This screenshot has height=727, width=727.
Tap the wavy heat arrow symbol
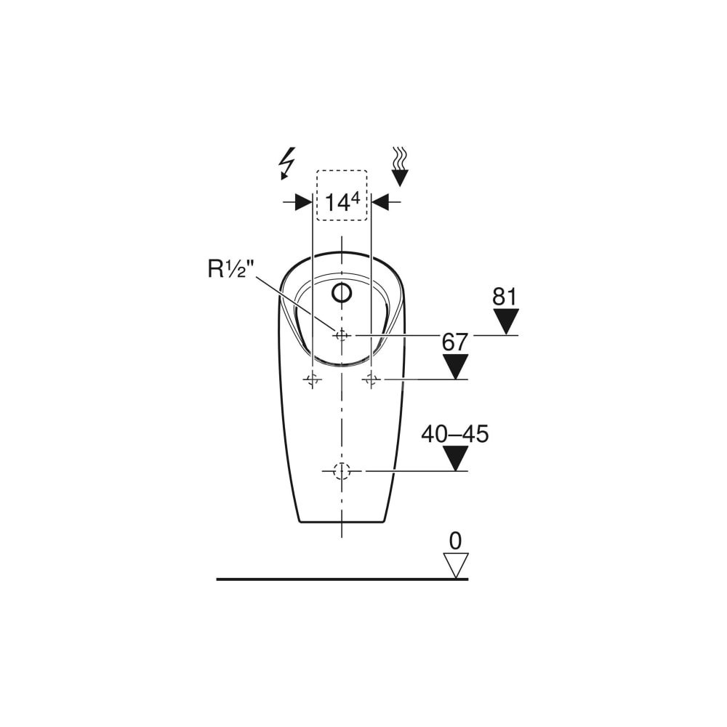[399, 167]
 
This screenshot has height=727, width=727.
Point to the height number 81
[505, 297]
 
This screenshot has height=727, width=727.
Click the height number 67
[454, 342]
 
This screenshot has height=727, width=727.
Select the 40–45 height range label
[455, 435]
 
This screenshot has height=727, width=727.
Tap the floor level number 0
[456, 541]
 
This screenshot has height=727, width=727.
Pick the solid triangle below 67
[455, 366]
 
